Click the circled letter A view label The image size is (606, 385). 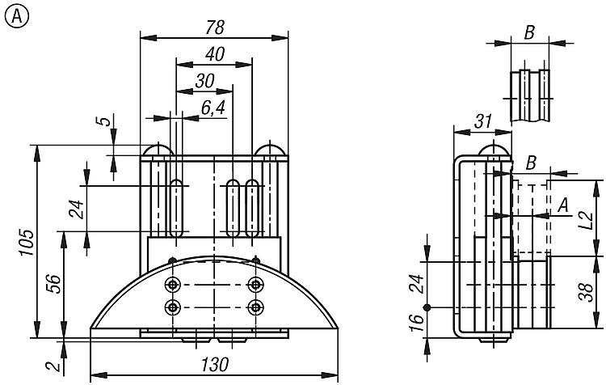[x=15, y=15]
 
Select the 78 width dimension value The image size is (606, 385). [x=213, y=27]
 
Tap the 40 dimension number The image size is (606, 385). [x=214, y=54]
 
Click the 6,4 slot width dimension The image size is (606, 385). [x=213, y=110]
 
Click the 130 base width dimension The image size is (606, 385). [x=215, y=364]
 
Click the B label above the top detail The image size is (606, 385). [x=529, y=32]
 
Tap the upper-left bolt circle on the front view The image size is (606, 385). [x=173, y=284]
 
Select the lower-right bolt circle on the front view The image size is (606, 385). [x=256, y=307]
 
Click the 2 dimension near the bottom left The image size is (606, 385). [x=53, y=366]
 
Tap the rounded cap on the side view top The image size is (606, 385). [x=492, y=151]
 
